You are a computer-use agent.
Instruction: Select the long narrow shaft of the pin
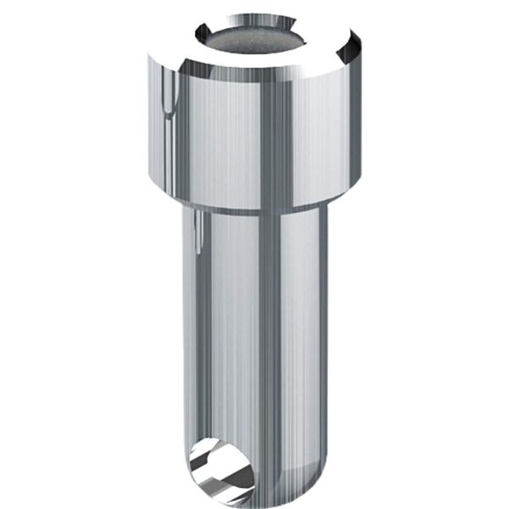pos(255,339)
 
